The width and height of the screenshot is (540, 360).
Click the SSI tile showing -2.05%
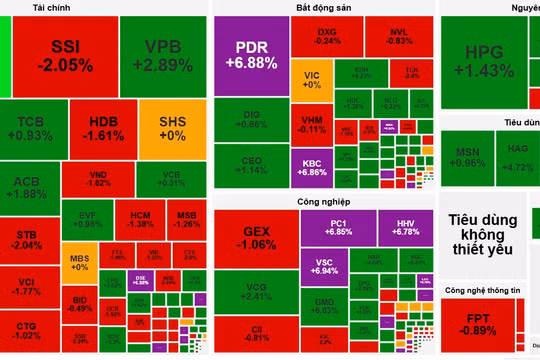tap(65, 56)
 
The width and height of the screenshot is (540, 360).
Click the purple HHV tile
tap(405, 225)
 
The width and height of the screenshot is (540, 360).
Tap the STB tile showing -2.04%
tap(29, 239)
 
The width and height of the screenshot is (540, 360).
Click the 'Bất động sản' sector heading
tap(324, 8)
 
